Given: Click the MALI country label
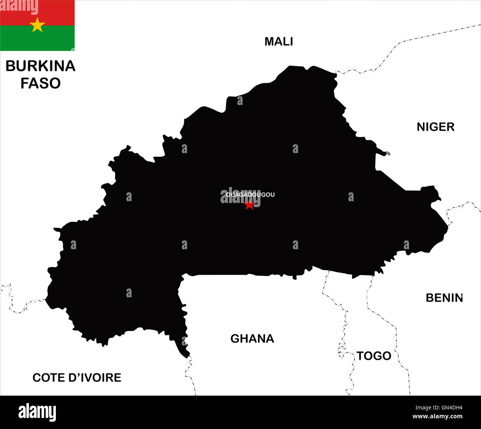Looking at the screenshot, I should pyautogui.click(x=279, y=41).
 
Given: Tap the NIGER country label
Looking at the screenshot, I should pyautogui.click(x=435, y=127).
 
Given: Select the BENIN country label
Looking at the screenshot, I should pyautogui.click(x=444, y=298).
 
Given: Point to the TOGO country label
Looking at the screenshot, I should pyautogui.click(x=374, y=356).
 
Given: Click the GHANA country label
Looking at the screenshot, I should pyautogui.click(x=252, y=338).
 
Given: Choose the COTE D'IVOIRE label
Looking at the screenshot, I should pyautogui.click(x=77, y=378).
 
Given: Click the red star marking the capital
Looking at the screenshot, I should pyautogui.click(x=249, y=205).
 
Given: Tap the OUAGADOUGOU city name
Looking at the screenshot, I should pyautogui.click(x=250, y=195).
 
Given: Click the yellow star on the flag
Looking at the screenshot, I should pyautogui.click(x=37, y=25).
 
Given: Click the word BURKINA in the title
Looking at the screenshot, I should pyautogui.click(x=40, y=66).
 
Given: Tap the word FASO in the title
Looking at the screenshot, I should pyautogui.click(x=40, y=83).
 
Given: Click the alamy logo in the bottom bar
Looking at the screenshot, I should pyautogui.click(x=37, y=412).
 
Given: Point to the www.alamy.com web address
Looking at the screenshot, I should pyautogui.click(x=437, y=417).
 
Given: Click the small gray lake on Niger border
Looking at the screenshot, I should pyautogui.click(x=387, y=153).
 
